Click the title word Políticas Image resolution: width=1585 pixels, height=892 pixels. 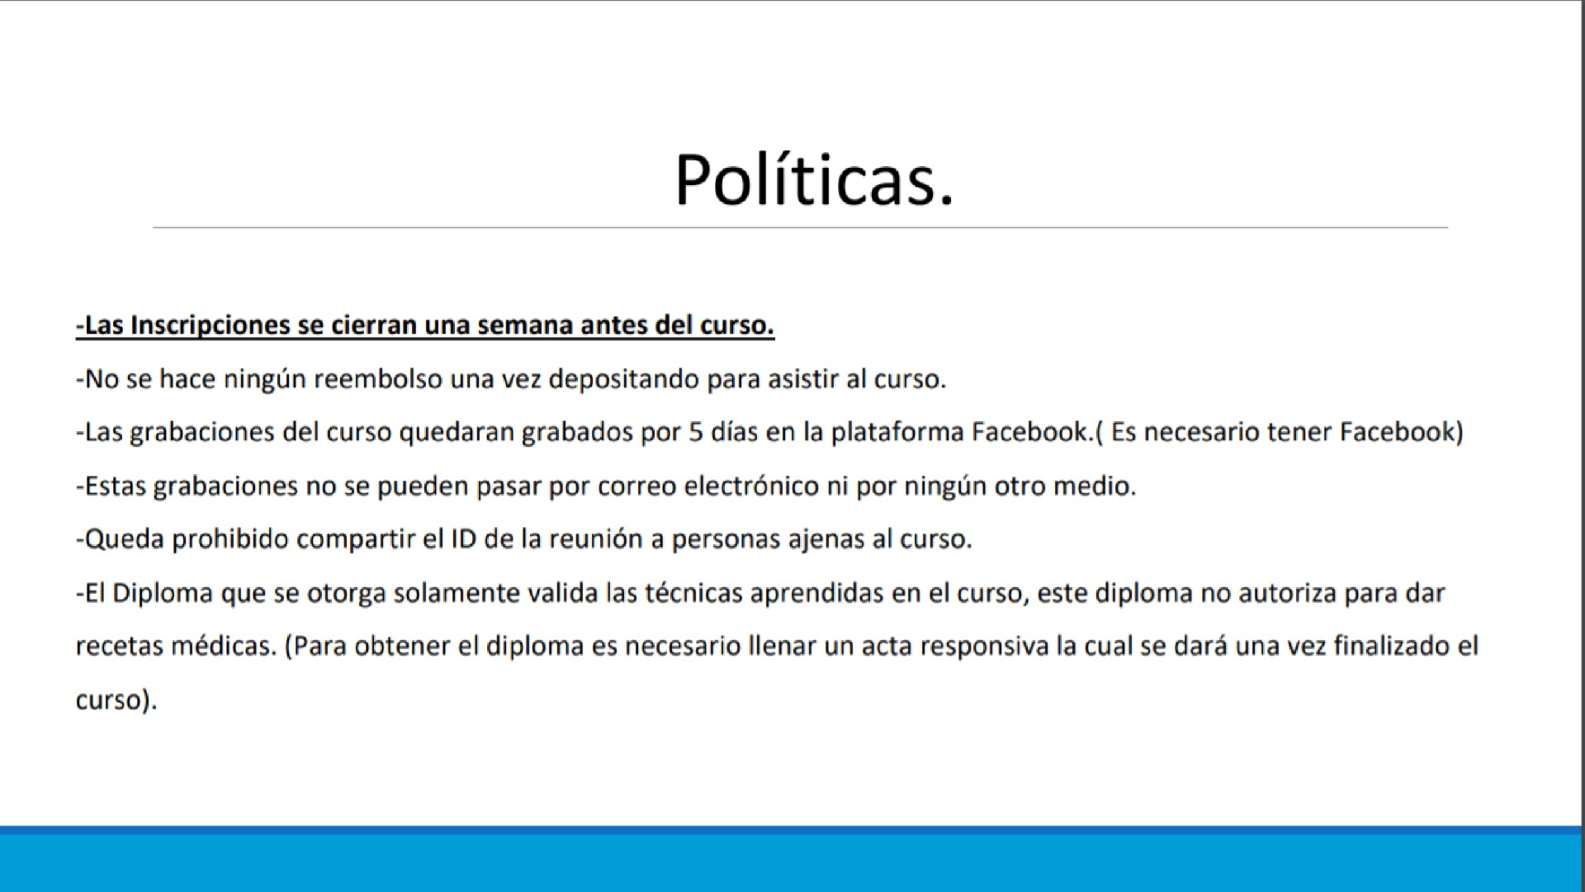[814, 180]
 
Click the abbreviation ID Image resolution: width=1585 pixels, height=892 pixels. [463, 539]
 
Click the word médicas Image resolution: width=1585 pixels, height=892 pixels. [223, 646]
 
